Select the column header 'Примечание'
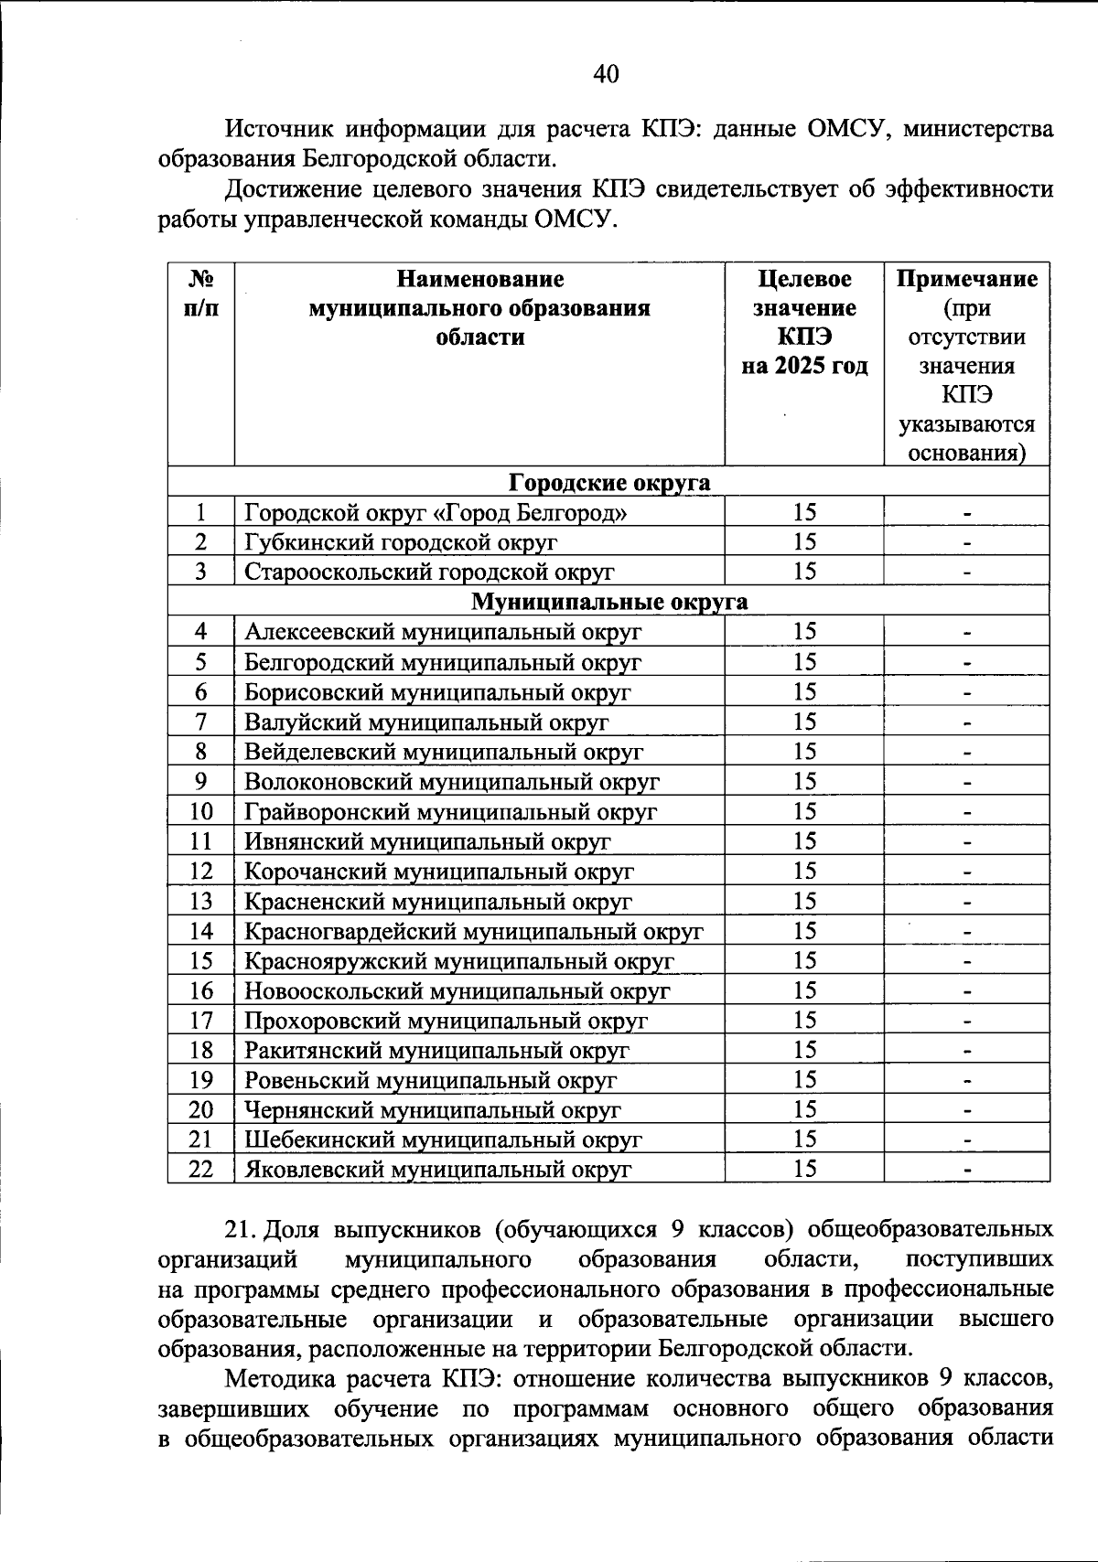click(x=966, y=279)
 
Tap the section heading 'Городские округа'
click(x=609, y=482)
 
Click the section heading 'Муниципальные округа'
click(x=609, y=602)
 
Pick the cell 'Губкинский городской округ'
click(x=401, y=542)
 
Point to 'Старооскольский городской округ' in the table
click(x=429, y=572)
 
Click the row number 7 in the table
click(x=201, y=722)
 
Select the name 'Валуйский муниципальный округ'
click(x=426, y=722)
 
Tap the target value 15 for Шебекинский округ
click(x=804, y=1139)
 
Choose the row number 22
click(x=201, y=1170)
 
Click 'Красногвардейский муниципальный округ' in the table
click(x=473, y=932)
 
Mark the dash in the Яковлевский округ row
click(x=966, y=1170)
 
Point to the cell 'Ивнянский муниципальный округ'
click(x=427, y=841)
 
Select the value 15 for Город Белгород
click(x=804, y=513)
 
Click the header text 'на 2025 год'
click(x=804, y=367)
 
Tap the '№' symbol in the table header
click(x=201, y=279)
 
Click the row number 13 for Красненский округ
click(x=201, y=902)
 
